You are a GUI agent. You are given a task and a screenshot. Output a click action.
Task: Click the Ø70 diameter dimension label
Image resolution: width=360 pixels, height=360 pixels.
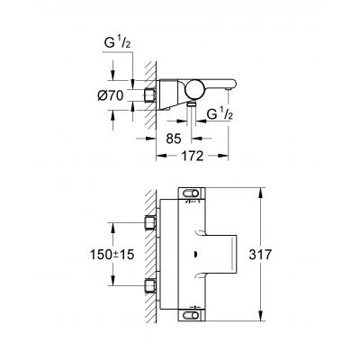click(x=107, y=94)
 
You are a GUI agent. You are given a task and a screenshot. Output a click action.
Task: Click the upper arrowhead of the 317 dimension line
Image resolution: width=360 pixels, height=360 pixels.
click(x=260, y=191)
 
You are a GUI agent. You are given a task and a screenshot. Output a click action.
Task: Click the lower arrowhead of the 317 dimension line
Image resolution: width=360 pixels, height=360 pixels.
click(x=260, y=317)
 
